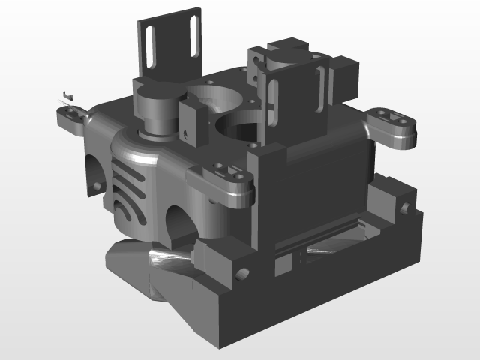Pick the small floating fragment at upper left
tap(67, 94)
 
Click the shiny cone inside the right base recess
tap(330, 244)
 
